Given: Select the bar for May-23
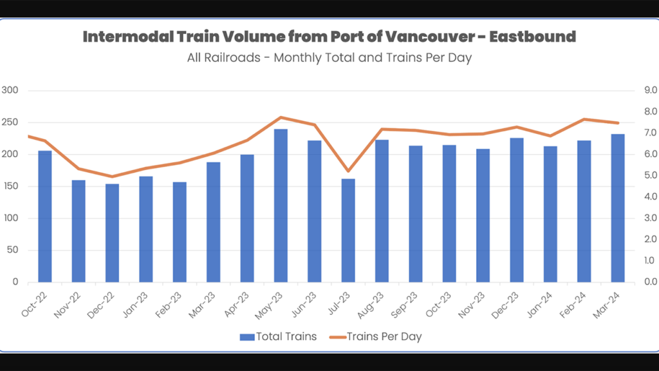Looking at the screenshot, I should click(x=281, y=205).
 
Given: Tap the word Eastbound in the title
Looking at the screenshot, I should click(x=532, y=37).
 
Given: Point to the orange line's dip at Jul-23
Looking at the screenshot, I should click(x=348, y=171).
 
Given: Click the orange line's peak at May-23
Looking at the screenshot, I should click(x=281, y=117).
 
